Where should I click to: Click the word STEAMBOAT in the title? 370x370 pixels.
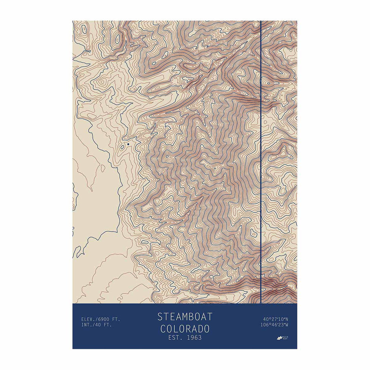[185, 316]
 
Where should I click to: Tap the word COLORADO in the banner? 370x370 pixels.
[185, 328]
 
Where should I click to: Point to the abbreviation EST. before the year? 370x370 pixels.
[175, 338]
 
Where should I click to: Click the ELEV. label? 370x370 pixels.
[88, 319]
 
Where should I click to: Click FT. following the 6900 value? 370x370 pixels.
[116, 319]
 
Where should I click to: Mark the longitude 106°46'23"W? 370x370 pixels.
[274, 325]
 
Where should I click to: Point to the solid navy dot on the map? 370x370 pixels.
[128, 144]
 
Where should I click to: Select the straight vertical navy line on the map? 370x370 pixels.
[261, 162]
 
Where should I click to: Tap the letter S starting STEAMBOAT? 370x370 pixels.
[160, 316]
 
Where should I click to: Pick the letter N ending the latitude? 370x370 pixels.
[287, 319]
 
